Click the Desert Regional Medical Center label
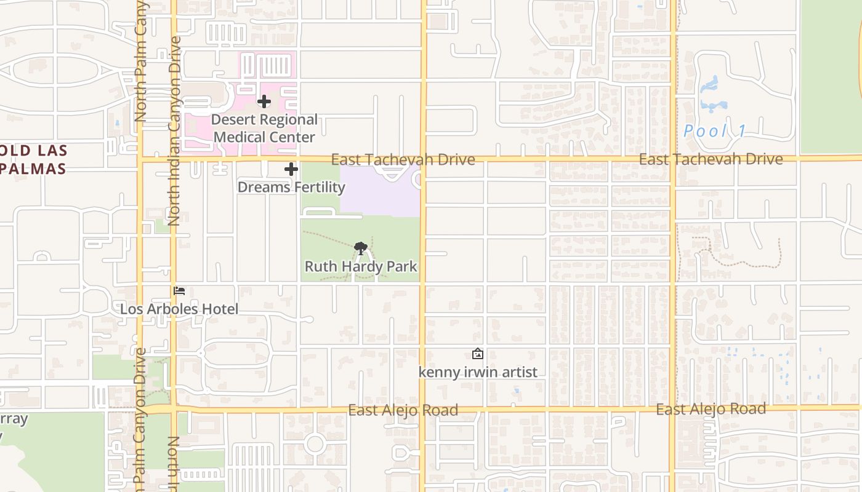[264, 128]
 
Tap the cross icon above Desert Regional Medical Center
[264, 101]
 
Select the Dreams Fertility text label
[291, 187]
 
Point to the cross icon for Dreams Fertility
[291, 169]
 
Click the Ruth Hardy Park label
[361, 266]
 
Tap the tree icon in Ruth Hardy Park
[361, 248]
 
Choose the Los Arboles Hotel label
[179, 309]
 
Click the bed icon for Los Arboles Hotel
[179, 290]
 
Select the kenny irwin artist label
[478, 372]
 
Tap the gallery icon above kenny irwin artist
[477, 354]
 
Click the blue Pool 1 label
[715, 131]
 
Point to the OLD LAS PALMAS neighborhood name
[33, 159]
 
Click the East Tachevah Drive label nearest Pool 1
[711, 159]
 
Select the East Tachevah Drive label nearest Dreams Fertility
[403, 160]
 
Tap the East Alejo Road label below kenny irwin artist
[403, 410]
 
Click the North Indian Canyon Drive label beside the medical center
[174, 130]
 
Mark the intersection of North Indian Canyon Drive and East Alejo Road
[174, 409]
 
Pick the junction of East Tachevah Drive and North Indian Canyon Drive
[174, 159]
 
